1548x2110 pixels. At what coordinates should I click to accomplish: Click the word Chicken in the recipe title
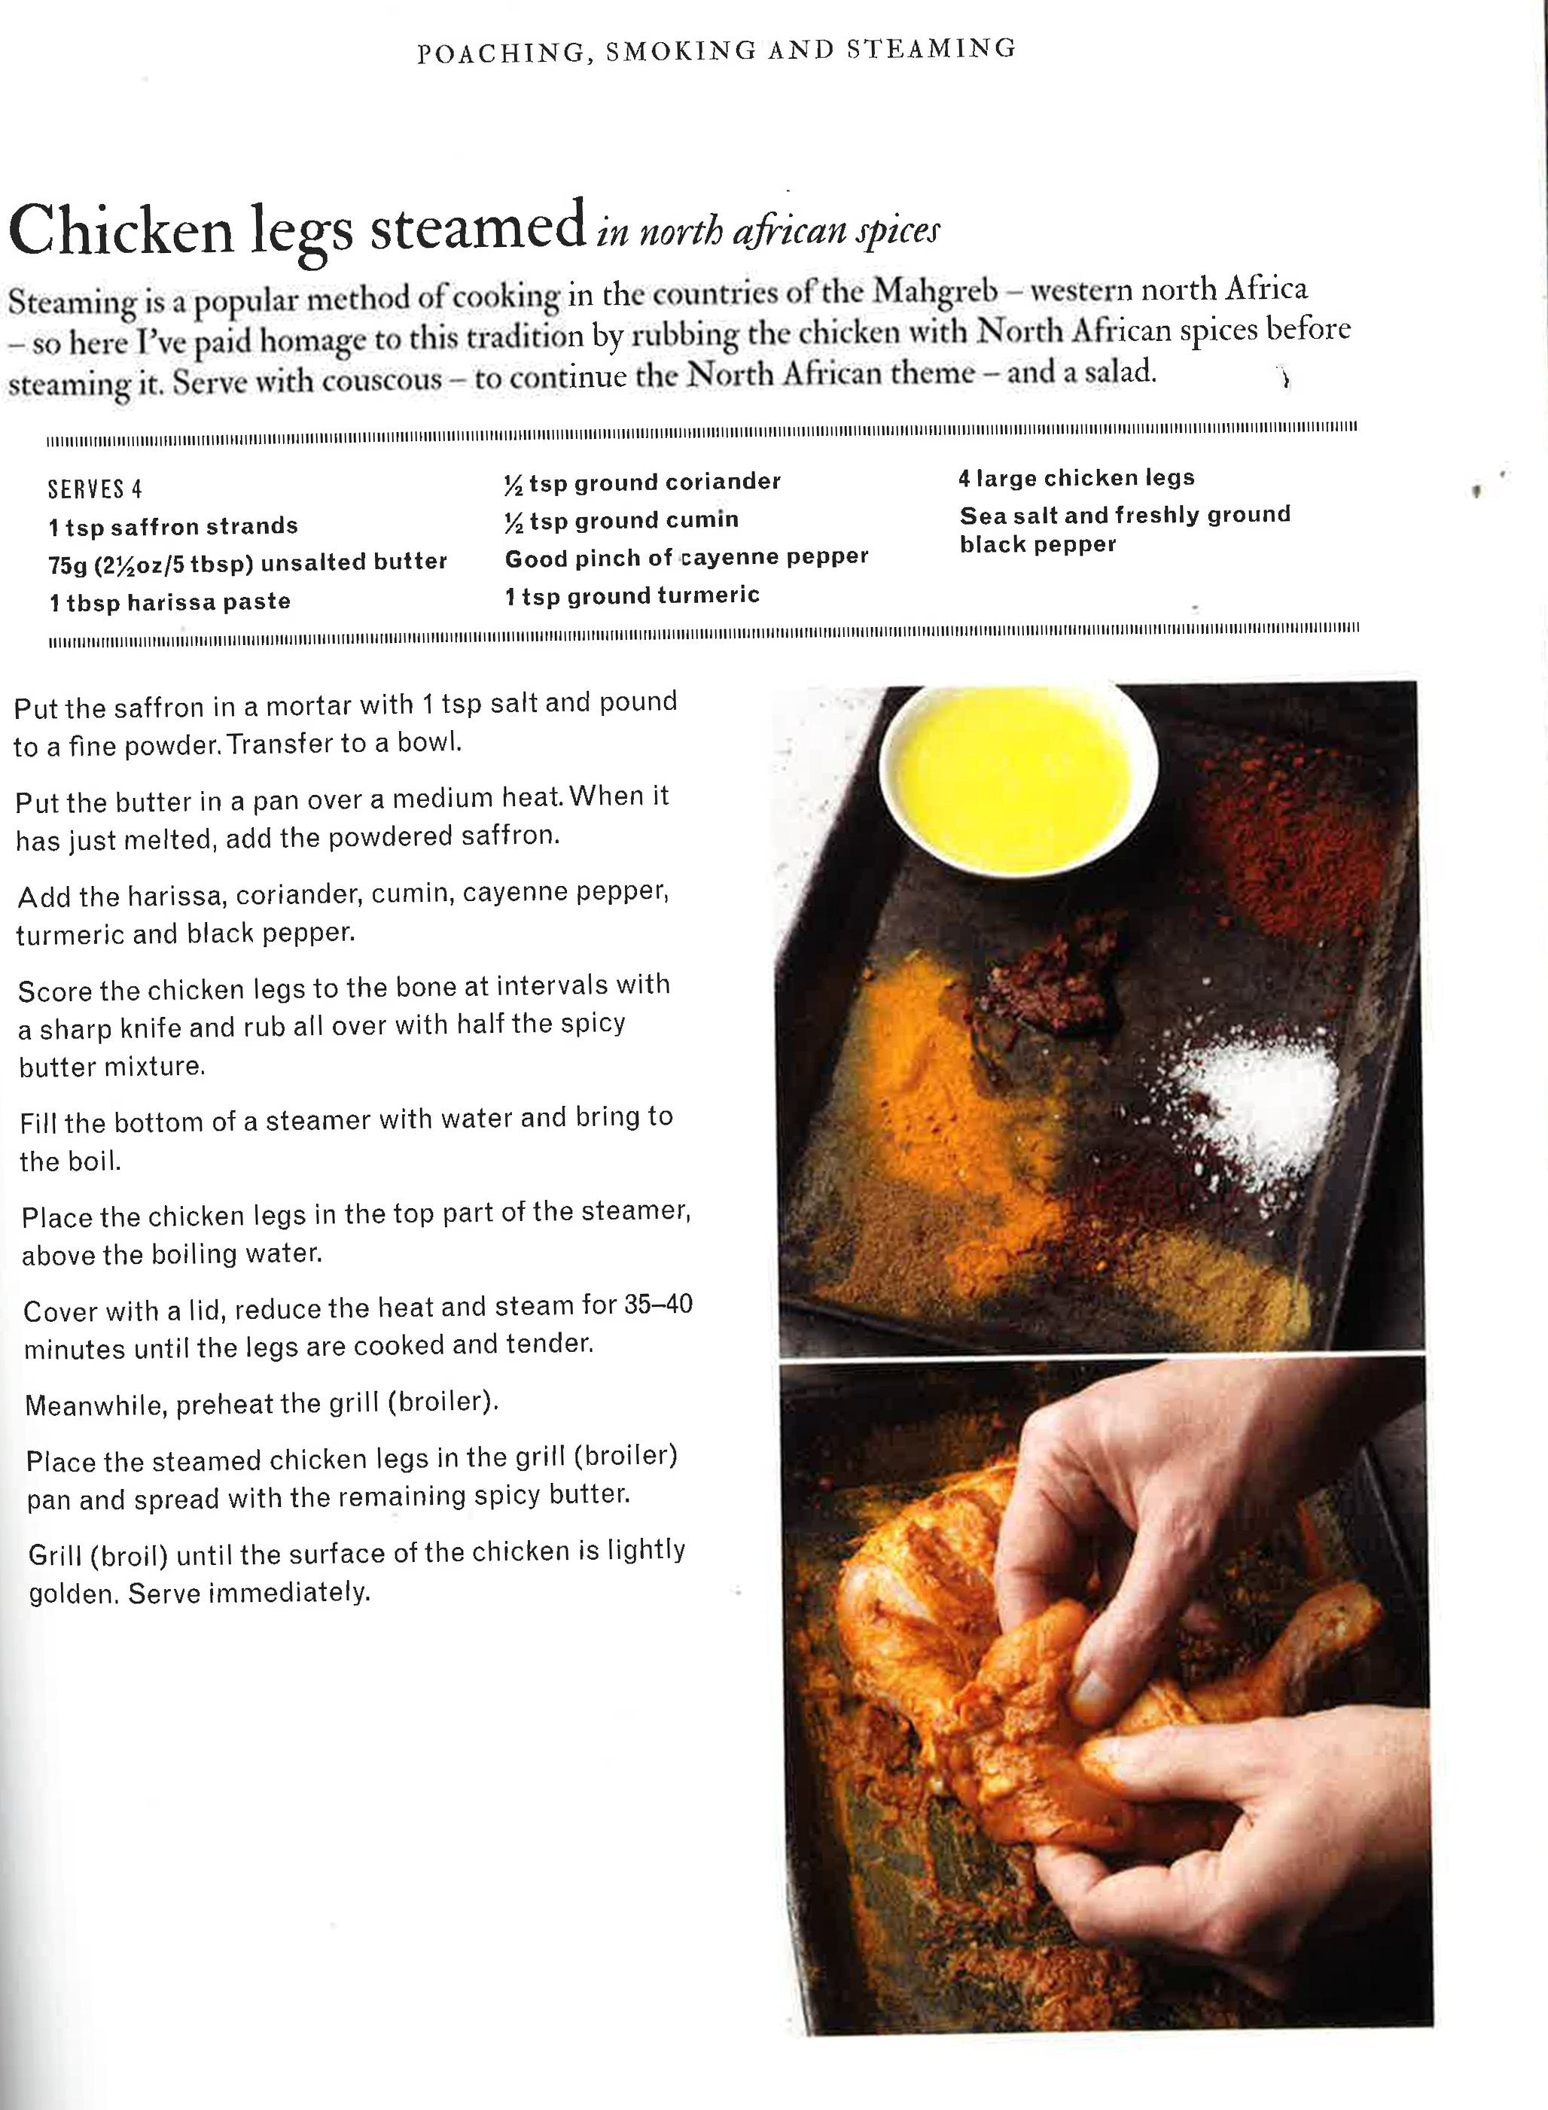tap(120, 230)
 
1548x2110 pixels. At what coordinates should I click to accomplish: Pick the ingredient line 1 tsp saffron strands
tap(173, 527)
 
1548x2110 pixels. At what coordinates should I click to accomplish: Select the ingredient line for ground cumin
tap(621, 520)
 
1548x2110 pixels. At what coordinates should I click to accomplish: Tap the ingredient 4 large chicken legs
tap(1076, 478)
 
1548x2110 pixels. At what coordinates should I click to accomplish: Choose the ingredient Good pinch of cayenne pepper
tap(686, 559)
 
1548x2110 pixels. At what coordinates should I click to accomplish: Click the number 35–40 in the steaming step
tap(657, 1305)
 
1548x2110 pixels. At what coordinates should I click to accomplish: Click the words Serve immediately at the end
tap(249, 1593)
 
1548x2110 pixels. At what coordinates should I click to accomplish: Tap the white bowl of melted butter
tap(1016, 761)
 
